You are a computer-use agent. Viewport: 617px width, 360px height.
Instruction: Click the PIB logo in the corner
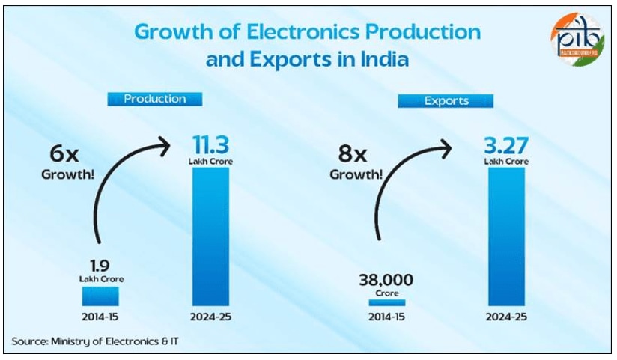coord(577,37)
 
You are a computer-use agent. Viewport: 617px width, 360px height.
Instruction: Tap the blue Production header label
coord(154,99)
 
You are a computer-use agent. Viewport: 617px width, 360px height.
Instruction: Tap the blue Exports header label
coord(446,100)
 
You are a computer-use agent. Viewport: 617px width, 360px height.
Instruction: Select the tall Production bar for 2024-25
coord(210,236)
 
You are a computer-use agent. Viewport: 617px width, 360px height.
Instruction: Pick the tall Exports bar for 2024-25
coord(506,236)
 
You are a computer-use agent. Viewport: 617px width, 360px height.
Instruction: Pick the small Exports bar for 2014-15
coord(386,302)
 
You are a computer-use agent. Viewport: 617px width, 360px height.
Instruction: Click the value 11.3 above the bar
coord(210,144)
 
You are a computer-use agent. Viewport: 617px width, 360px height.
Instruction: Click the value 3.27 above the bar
coord(506,144)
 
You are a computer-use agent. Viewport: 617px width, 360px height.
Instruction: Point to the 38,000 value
coord(386,281)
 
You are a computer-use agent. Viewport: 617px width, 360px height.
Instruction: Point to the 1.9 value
coord(101,266)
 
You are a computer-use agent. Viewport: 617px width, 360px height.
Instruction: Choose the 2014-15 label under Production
coord(101,317)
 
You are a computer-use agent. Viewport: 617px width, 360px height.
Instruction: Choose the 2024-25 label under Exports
coord(506,317)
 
